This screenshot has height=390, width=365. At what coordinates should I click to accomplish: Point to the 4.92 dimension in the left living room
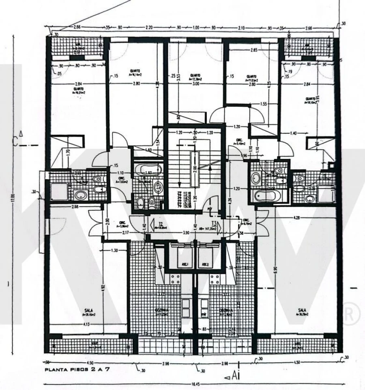(x=103, y=288)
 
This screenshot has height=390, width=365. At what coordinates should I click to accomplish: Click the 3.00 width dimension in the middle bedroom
(x=196, y=84)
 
